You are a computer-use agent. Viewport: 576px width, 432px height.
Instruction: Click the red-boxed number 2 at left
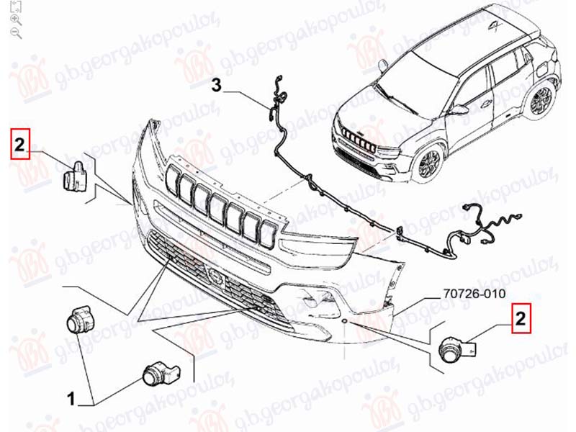coord(19,144)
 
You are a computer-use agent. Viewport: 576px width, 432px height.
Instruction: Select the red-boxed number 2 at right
coord(521,318)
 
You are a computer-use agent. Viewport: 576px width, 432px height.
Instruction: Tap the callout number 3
coord(217,85)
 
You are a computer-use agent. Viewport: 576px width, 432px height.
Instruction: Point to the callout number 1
coord(71,399)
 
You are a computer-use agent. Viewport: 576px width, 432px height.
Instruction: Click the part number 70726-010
coord(474,294)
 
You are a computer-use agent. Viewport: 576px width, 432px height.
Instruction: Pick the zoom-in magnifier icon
coord(16,20)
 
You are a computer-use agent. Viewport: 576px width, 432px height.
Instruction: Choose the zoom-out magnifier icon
coord(16,33)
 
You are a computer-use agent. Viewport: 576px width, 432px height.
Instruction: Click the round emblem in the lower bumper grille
coord(215,276)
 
